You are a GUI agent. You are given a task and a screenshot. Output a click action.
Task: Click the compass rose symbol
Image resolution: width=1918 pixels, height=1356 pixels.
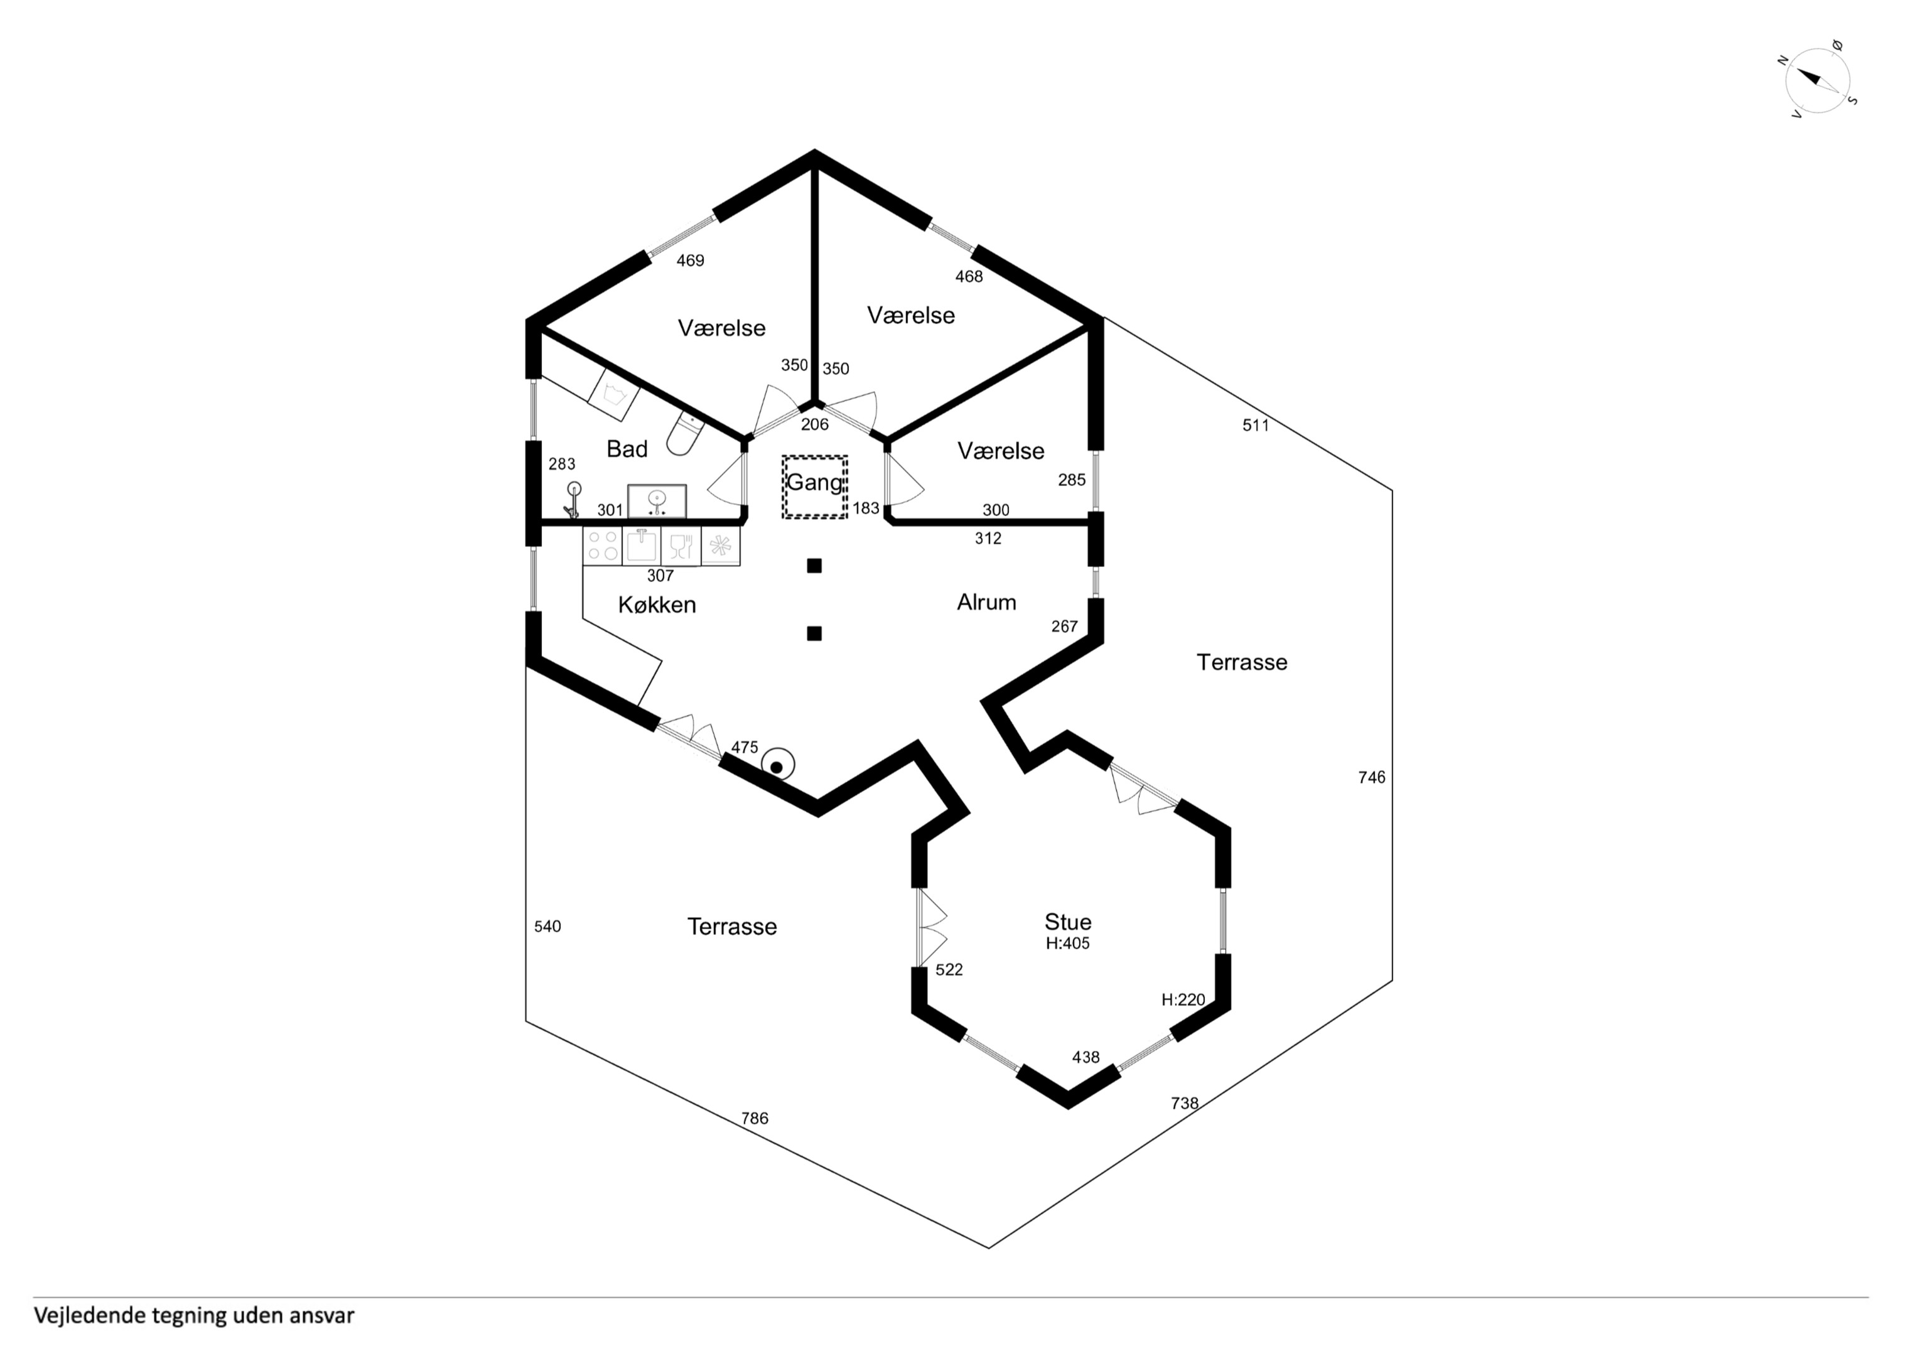pyautogui.click(x=1817, y=81)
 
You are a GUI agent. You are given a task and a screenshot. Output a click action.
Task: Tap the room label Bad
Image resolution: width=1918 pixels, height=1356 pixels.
pyautogui.click(x=627, y=449)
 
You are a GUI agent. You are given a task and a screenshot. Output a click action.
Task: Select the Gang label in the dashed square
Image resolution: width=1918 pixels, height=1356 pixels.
pyautogui.click(x=814, y=483)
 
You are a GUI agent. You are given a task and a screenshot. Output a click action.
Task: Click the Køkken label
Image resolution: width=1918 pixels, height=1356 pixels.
pyautogui.click(x=657, y=605)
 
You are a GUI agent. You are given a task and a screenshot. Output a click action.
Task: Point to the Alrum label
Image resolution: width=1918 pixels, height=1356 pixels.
pyautogui.click(x=986, y=603)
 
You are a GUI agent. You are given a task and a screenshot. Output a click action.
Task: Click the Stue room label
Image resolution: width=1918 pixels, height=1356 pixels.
pyautogui.click(x=1067, y=922)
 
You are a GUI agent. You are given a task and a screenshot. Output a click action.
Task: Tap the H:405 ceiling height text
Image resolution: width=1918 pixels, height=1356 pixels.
pyautogui.click(x=1067, y=944)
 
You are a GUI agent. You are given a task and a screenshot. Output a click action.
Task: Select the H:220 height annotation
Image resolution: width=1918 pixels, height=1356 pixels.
pyautogui.click(x=1183, y=999)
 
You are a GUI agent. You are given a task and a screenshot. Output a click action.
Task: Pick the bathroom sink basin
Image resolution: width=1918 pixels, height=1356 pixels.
pyautogui.click(x=657, y=502)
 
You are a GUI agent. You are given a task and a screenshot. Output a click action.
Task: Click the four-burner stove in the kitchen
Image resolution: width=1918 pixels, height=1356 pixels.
pyautogui.click(x=602, y=546)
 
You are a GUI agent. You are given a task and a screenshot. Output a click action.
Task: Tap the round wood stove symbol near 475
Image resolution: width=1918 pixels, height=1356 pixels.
pyautogui.click(x=777, y=765)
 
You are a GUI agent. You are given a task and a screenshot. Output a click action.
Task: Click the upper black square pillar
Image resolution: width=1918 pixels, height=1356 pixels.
pyautogui.click(x=814, y=566)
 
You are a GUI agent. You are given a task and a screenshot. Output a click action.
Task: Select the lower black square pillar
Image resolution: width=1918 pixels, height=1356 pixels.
pyautogui.click(x=814, y=633)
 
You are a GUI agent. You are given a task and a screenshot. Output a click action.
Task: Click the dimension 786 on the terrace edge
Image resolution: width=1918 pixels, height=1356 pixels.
pyautogui.click(x=755, y=1119)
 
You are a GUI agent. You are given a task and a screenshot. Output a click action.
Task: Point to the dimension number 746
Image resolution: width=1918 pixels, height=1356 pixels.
pyautogui.click(x=1372, y=778)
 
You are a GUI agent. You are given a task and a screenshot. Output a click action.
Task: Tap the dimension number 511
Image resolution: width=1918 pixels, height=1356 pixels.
pyautogui.click(x=1256, y=425)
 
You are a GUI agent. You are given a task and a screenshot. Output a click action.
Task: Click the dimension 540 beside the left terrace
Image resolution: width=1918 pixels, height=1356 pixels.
pyautogui.click(x=547, y=927)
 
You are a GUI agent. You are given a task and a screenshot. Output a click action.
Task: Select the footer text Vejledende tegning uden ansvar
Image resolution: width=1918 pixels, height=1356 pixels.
pyautogui.click(x=194, y=1316)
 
